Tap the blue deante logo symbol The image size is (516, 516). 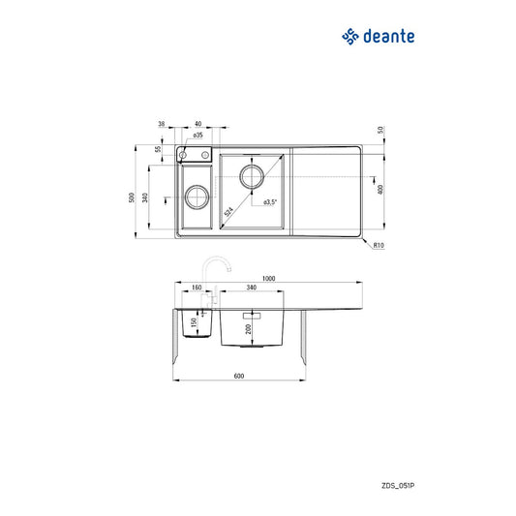click(x=349, y=37)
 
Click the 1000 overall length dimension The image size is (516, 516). click(x=269, y=278)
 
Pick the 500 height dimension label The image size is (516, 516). click(x=131, y=197)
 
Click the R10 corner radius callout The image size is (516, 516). click(x=380, y=246)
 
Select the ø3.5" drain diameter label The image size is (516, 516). click(x=271, y=202)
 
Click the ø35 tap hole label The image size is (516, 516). click(x=197, y=137)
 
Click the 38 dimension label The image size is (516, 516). click(x=163, y=124)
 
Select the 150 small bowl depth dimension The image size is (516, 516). click(x=194, y=321)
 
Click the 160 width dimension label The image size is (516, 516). click(x=196, y=288)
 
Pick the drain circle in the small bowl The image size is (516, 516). click(x=195, y=197)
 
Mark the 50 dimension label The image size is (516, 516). click(x=381, y=130)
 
